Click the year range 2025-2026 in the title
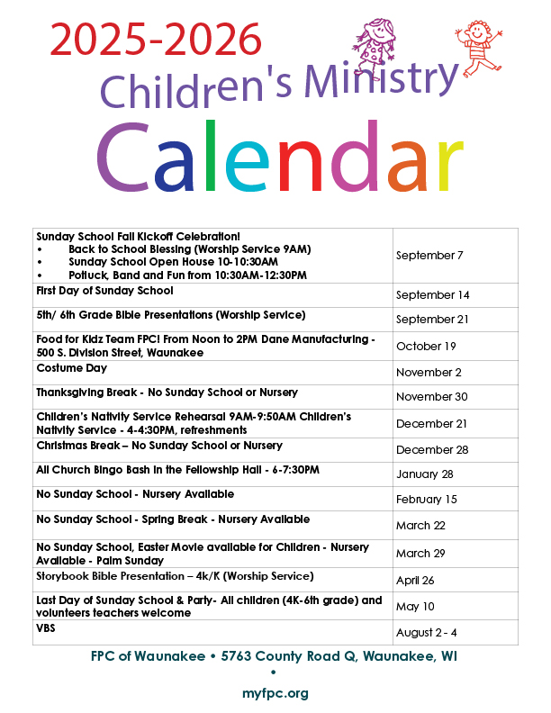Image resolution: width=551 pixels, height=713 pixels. pyautogui.click(x=156, y=41)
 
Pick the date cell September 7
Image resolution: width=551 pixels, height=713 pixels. pyautogui.click(x=429, y=256)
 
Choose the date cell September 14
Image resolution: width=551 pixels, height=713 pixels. pyautogui.click(x=432, y=295)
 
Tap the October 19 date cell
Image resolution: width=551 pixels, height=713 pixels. pyautogui.click(x=426, y=347)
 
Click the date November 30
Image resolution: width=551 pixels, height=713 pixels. pyautogui.click(x=431, y=397)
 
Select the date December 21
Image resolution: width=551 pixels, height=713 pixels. pyautogui.click(x=431, y=423)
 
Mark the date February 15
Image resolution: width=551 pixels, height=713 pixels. pyautogui.click(x=427, y=500)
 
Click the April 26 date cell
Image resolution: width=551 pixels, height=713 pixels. pyautogui.click(x=416, y=580)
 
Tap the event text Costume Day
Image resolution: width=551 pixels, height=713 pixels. pyautogui.click(x=72, y=368)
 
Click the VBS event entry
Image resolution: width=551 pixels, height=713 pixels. pyautogui.click(x=46, y=627)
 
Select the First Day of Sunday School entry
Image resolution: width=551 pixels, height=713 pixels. pyautogui.click(x=104, y=291)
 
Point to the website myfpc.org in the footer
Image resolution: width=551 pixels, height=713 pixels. pyautogui.click(x=275, y=693)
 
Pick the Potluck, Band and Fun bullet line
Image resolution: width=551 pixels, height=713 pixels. pyautogui.click(x=187, y=275)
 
